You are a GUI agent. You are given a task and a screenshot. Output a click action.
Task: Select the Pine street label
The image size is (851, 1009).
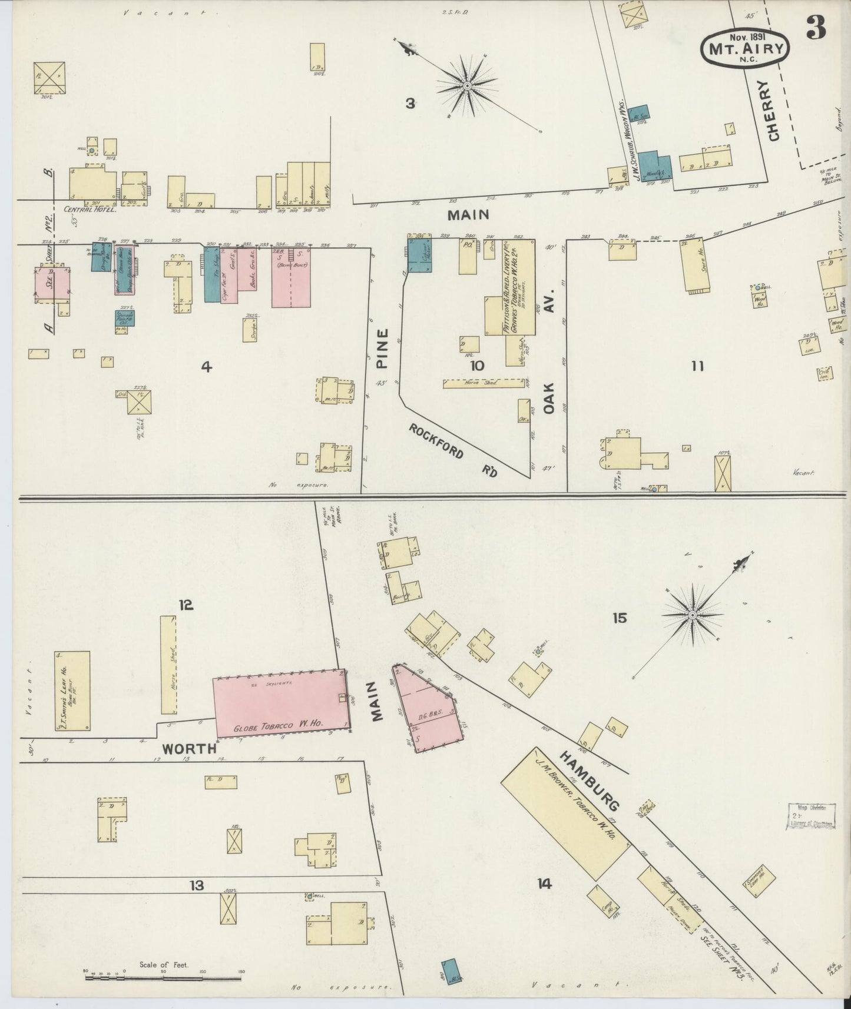click(x=382, y=348)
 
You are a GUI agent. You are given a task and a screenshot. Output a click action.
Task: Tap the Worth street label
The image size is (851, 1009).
click(x=189, y=749)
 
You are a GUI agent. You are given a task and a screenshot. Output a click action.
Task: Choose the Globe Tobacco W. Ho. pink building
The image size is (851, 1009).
click(x=280, y=703)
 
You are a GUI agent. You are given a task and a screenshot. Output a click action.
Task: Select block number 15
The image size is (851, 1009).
click(x=619, y=618)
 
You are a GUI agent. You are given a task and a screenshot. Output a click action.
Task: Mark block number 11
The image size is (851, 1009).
click(x=697, y=367)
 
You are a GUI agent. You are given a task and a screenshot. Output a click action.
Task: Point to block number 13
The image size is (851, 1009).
click(x=196, y=885)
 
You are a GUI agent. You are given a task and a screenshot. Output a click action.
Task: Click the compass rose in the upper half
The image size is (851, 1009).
click(x=466, y=87)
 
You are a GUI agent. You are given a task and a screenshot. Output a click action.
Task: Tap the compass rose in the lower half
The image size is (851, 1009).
click(x=692, y=615)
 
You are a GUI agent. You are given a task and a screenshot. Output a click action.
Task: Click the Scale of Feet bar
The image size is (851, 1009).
click(x=163, y=978)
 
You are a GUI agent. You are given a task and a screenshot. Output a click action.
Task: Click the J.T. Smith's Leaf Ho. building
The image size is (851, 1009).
click(x=72, y=691)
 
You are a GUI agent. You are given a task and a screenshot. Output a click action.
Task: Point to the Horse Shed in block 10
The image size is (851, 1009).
click(x=483, y=383)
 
